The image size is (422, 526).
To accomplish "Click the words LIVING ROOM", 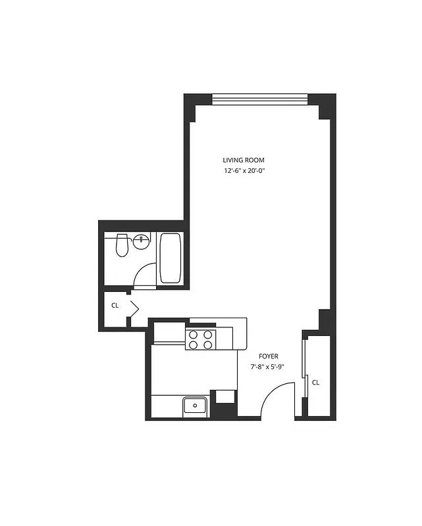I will point(244,160).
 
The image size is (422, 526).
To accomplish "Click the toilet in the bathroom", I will point(120,245).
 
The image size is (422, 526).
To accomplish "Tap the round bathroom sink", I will point(141,241).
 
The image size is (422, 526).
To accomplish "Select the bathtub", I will point(171,258).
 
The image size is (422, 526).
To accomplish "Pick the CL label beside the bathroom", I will point(115,306).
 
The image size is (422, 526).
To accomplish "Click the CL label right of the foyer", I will point(315,383).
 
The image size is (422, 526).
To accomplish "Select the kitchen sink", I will point(196,406).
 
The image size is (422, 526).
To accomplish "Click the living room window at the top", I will point(259,100).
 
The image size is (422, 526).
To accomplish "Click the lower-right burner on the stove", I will point(208,344).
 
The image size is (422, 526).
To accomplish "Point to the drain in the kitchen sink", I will point(195,406).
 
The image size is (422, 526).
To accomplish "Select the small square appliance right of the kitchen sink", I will point(225,396).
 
